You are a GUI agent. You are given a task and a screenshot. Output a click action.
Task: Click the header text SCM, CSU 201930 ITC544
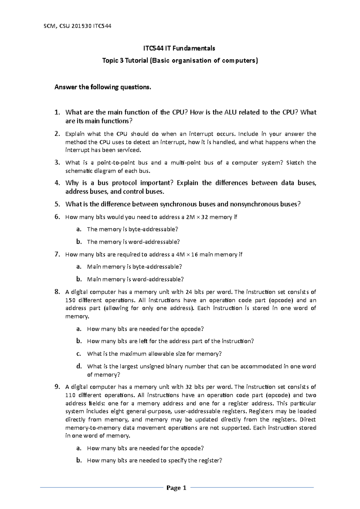click(77, 26)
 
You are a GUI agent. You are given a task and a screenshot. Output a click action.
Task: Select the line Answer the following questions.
click(103, 87)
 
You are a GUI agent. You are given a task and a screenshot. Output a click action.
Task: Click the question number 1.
click(57, 112)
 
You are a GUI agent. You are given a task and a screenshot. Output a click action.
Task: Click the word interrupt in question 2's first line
click(201, 134)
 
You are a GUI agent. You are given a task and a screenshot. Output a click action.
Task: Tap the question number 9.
click(57, 387)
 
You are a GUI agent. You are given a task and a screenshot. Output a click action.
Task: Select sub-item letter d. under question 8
click(79, 366)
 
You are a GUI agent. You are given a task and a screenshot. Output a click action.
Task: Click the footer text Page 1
click(176, 488)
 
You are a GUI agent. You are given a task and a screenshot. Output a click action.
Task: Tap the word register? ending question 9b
click(210, 461)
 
